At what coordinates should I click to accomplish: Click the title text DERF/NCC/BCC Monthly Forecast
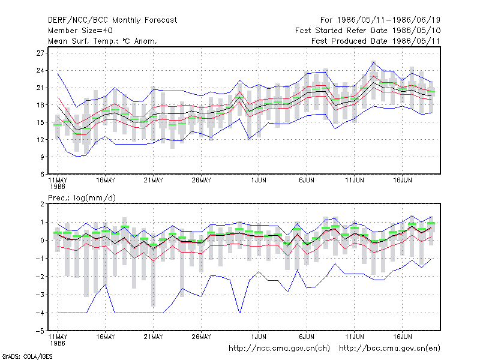pyautogui.click(x=112, y=20)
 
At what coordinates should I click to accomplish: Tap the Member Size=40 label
pyautogui.click(x=80, y=31)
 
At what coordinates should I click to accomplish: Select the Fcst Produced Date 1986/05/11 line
pyautogui.click(x=376, y=41)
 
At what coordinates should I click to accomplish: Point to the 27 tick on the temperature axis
pyautogui.click(x=40, y=53)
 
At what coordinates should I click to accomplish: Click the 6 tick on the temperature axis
pyautogui.click(x=42, y=175)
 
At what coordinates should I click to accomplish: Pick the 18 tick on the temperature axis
pyautogui.click(x=40, y=105)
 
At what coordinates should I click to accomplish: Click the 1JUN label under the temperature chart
pyautogui.click(x=259, y=181)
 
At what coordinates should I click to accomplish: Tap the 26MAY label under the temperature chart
pyautogui.click(x=201, y=181)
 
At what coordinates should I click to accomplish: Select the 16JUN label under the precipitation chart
pyautogui.click(x=402, y=337)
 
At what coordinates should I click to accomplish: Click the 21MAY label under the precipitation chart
pyautogui.click(x=154, y=337)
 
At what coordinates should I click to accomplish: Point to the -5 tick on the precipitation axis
pyautogui.click(x=40, y=331)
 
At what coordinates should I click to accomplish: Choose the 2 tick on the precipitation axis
pyautogui.click(x=42, y=204)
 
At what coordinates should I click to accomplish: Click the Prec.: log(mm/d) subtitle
pyautogui.click(x=82, y=198)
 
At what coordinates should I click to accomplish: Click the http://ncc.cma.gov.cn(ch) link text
pyautogui.click(x=279, y=349)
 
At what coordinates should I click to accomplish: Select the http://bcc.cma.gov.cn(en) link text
pyautogui.click(x=389, y=349)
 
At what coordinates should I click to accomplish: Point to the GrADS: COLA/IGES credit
pyautogui.click(x=27, y=356)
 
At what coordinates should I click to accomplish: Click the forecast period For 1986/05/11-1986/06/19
pyautogui.click(x=380, y=20)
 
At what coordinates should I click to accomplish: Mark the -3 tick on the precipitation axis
pyautogui.click(x=40, y=295)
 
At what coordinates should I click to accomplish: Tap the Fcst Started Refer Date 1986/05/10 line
pyautogui.click(x=368, y=31)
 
